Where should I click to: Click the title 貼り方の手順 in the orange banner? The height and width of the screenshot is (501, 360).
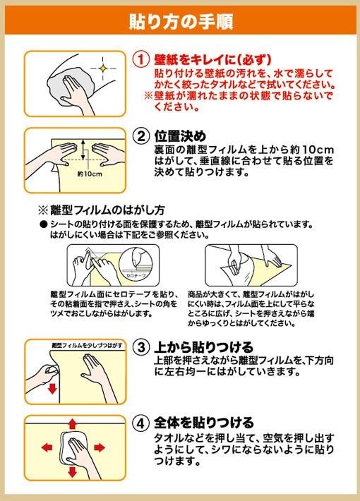181,21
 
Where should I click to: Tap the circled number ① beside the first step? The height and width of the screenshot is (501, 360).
141,59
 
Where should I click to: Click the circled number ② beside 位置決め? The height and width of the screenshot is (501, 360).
141,136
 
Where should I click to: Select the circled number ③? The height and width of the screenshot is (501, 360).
141,347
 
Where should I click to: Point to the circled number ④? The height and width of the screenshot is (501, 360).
141,423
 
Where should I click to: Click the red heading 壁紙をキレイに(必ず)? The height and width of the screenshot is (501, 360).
213,59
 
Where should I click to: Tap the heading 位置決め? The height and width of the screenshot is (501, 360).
180,136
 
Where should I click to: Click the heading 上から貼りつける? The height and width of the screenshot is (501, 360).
204,347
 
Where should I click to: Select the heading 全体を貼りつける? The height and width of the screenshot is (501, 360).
204,423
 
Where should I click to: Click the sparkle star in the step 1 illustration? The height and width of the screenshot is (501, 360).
102,68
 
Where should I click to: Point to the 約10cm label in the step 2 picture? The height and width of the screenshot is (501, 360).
90,174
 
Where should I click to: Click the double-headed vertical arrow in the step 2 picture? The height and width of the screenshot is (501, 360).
83,150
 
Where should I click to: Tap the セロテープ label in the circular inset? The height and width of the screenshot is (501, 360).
136,274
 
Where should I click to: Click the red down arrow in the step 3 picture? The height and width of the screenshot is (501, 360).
52,389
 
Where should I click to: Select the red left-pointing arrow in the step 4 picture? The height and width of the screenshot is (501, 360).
47,447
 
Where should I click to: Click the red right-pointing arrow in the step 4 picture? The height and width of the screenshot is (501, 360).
100,447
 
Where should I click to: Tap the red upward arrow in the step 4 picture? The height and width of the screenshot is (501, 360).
73,424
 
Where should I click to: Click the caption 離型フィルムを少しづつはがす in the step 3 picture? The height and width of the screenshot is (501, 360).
87,345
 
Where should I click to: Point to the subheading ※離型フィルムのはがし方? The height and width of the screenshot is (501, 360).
102,210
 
